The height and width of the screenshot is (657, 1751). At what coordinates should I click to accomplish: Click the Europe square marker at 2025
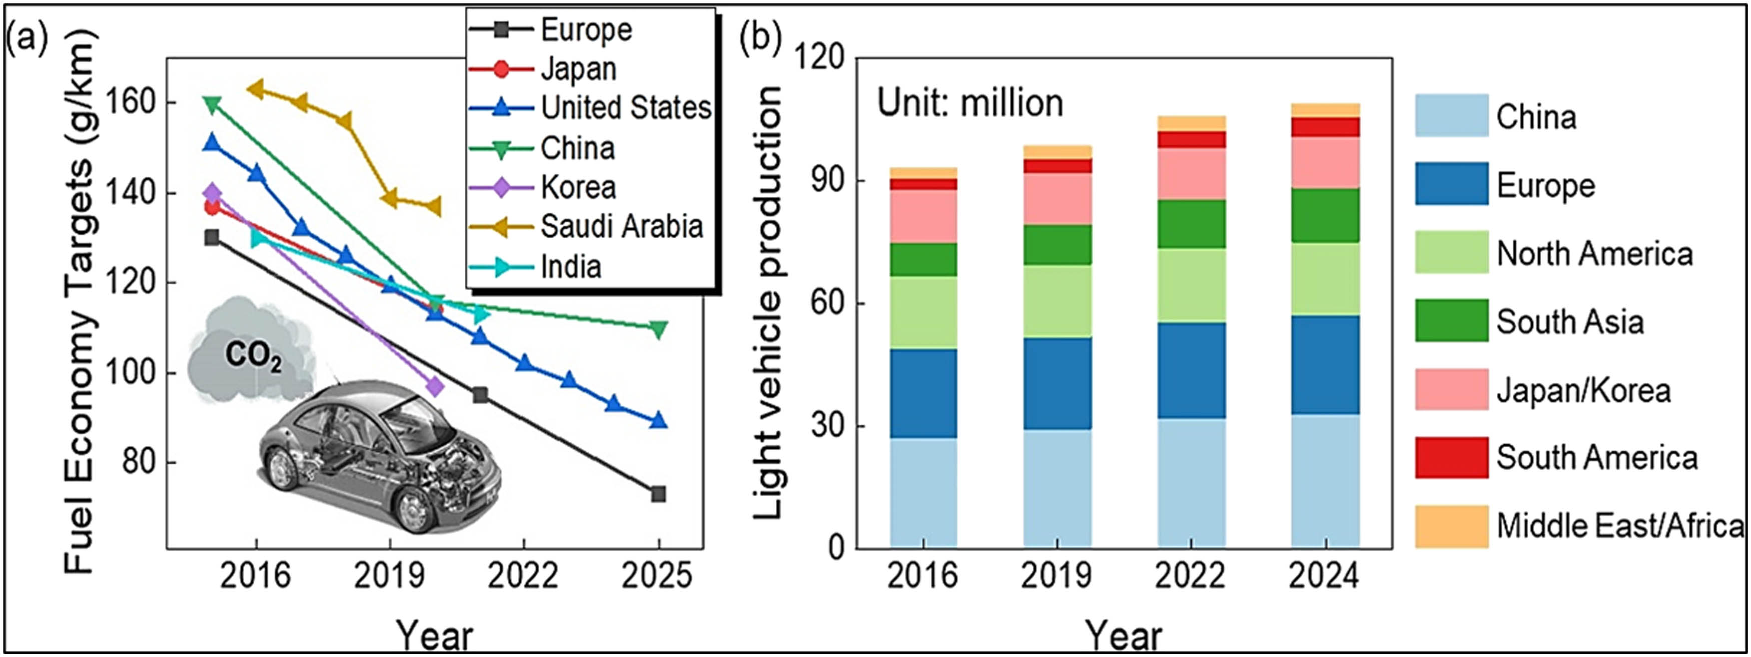[x=658, y=494]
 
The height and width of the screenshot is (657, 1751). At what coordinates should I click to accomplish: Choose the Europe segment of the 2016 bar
[x=923, y=394]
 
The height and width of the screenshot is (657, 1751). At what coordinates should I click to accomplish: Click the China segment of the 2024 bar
[x=1325, y=481]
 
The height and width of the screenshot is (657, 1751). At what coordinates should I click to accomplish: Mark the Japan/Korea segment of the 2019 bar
[x=1057, y=199]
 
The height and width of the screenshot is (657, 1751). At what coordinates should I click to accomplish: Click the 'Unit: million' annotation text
[x=970, y=104]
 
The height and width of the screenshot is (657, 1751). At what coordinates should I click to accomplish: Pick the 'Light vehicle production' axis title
[x=770, y=303]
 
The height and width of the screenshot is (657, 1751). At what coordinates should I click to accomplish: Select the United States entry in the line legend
[x=625, y=108]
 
